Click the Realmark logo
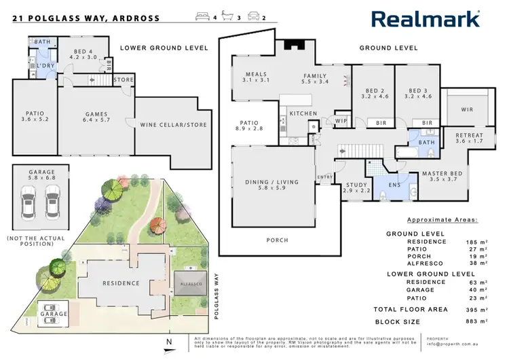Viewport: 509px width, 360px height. pos(425,18)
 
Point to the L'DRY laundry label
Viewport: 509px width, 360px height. pos(46,65)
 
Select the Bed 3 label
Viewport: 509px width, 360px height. pos(417,93)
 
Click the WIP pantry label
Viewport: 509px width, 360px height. pos(341,122)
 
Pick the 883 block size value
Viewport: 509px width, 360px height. pos(476,321)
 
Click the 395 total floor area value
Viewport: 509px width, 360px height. pos(476,309)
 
